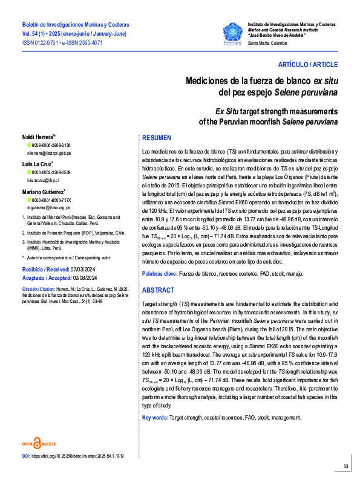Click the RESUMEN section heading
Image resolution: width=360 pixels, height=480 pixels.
click(x=157, y=138)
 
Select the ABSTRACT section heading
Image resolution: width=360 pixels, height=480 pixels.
click(x=159, y=290)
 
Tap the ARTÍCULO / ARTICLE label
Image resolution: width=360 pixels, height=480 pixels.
click(x=308, y=64)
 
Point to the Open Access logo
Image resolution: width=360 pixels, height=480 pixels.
click(x=39, y=443)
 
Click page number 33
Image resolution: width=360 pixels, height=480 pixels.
click(x=345, y=465)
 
